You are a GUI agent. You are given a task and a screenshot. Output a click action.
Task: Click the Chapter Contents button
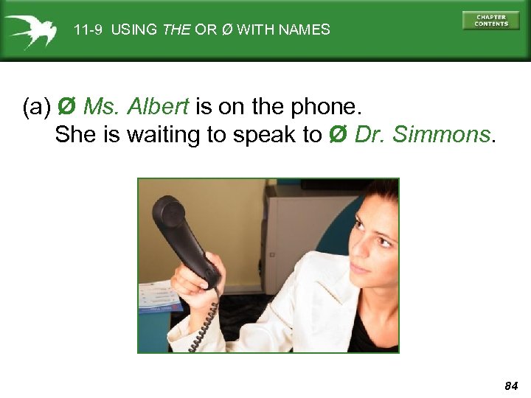pos(490,20)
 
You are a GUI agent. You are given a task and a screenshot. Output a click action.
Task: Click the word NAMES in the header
pos(305,30)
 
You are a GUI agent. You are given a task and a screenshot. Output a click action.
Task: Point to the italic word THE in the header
pos(176,30)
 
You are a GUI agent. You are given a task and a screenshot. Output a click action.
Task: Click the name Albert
pos(158,108)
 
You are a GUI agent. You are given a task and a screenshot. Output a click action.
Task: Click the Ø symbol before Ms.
pos(66,108)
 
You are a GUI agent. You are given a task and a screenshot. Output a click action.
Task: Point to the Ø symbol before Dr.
pos(337,135)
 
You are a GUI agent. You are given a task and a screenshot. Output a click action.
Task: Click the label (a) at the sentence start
pos(37,108)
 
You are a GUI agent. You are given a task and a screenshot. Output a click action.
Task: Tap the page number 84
pos(511,385)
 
